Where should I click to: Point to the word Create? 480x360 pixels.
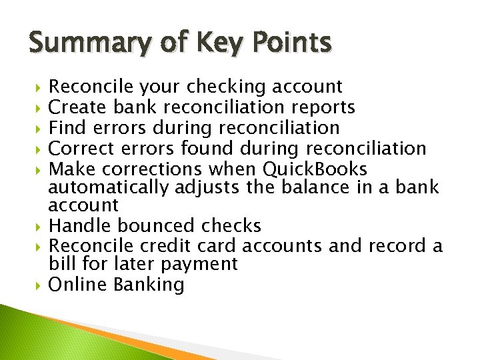point(79,107)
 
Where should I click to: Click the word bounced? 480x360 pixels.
point(158,226)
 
